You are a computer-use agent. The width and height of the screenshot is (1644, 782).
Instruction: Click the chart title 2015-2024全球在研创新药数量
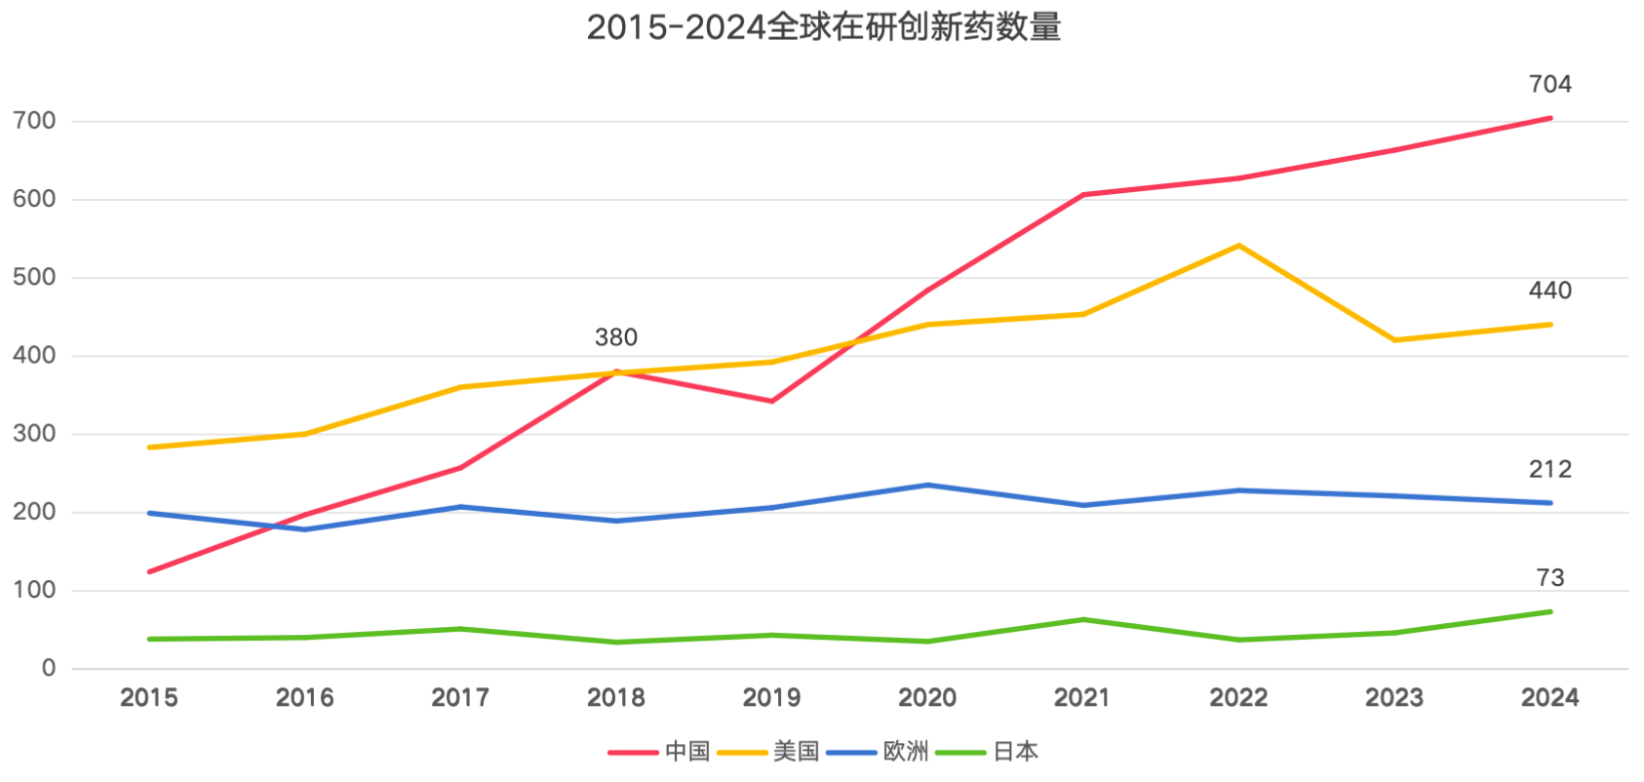tap(823, 27)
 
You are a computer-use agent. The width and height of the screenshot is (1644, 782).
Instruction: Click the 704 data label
tap(1549, 85)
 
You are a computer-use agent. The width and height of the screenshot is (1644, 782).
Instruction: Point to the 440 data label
tap(1549, 291)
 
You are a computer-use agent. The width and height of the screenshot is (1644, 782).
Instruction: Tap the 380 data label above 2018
tap(615, 337)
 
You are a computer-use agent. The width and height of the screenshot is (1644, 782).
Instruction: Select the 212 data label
tap(1549, 470)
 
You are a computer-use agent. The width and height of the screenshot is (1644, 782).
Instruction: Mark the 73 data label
tap(1549, 578)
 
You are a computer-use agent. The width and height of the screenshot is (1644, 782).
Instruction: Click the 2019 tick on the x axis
tap(771, 697)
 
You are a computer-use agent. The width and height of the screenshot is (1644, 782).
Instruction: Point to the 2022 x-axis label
tap(1238, 697)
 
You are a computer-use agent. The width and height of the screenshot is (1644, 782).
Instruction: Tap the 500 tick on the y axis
tap(35, 277)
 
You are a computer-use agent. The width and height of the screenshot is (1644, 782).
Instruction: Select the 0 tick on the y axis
tap(49, 668)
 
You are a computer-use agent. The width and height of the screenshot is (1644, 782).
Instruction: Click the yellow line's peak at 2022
tap(1238, 246)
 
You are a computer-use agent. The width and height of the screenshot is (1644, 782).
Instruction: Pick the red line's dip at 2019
tap(771, 401)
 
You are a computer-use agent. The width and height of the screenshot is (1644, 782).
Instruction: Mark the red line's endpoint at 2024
tap(1549, 118)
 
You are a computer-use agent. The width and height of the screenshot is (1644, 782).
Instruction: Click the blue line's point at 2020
tap(927, 485)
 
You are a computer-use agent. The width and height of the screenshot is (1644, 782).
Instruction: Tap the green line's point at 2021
tap(1082, 619)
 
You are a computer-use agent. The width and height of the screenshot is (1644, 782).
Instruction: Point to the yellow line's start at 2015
tap(149, 448)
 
